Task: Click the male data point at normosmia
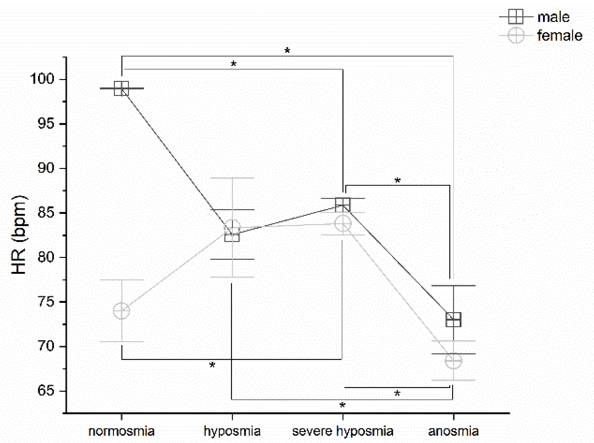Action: pos(121,88)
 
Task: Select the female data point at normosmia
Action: pos(121,311)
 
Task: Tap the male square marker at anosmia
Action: pos(453,319)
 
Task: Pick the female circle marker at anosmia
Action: pos(453,360)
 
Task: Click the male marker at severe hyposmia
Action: pos(343,205)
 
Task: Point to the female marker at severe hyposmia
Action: pos(343,223)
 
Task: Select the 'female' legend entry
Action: pos(559,36)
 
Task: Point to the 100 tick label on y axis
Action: pos(42,79)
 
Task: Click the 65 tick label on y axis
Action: pos(46,390)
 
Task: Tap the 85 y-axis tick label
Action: pos(46,213)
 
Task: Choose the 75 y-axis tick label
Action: pos(46,302)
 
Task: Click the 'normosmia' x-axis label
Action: pos(121,431)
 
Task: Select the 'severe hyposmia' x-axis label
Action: pos(343,431)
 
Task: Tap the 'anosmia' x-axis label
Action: pos(453,431)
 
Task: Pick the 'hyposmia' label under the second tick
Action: pos(232,431)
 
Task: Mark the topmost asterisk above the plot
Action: pos(287,51)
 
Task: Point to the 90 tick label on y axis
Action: pos(46,168)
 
